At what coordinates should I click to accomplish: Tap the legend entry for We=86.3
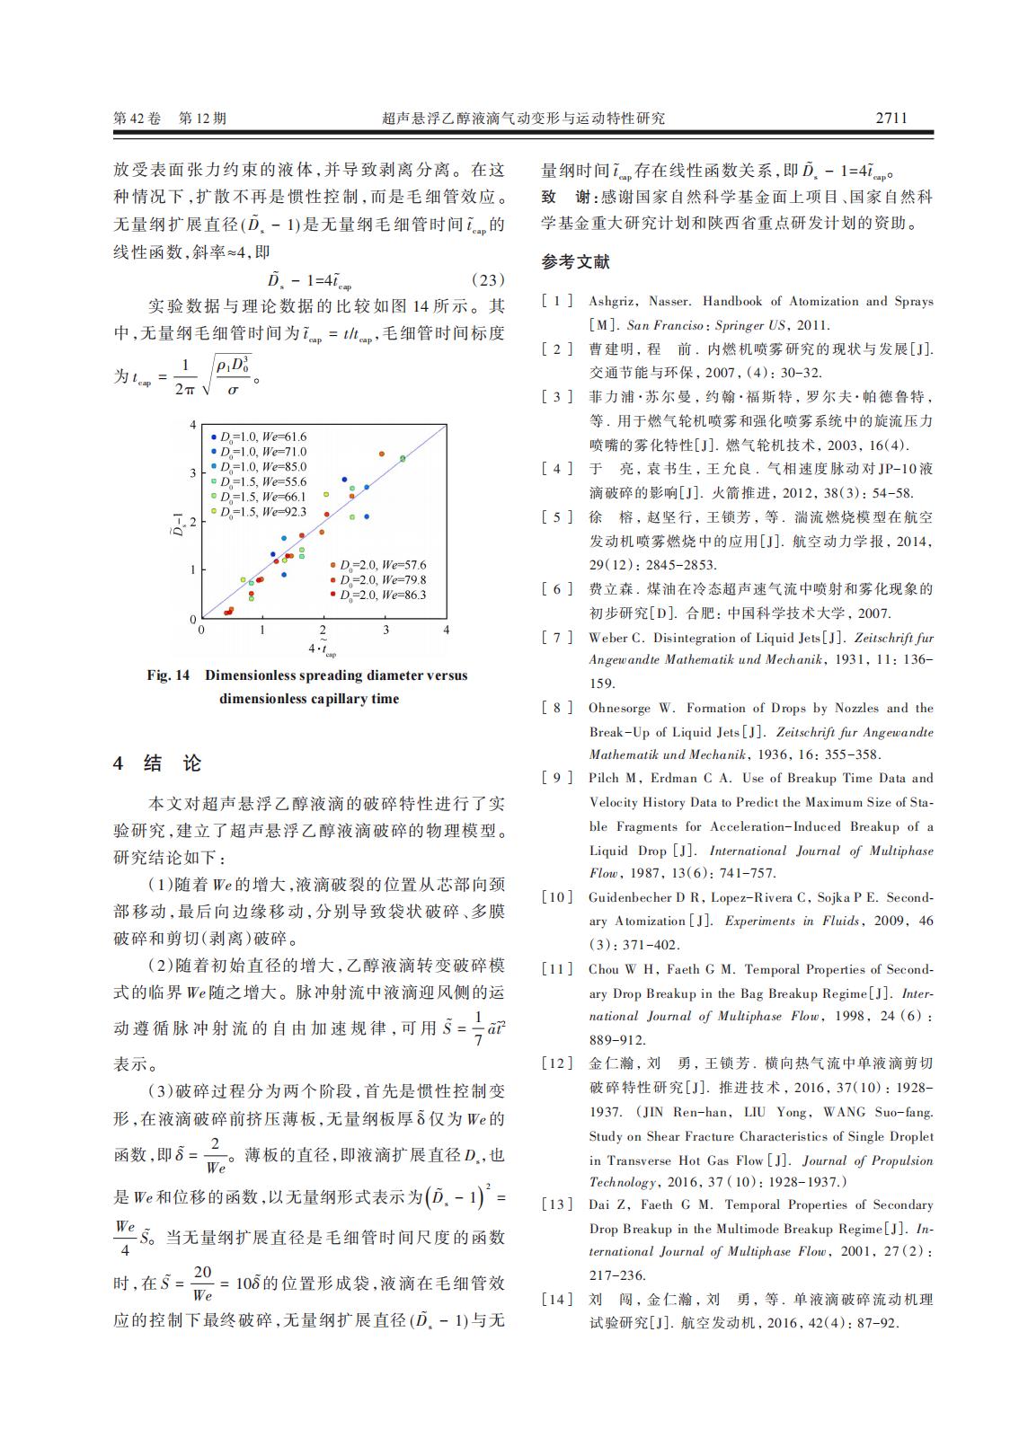pos(378,595)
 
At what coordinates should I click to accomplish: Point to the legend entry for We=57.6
pos(378,565)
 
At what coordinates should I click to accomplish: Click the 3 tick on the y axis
pos(192,472)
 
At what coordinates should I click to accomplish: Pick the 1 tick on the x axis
pos(262,631)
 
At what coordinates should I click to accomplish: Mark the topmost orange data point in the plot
pos(382,454)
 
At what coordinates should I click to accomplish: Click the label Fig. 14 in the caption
pos(168,675)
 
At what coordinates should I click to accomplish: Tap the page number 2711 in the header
pos(891,118)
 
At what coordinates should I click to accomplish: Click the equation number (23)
pos(488,279)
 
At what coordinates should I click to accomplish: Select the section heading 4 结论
pos(158,763)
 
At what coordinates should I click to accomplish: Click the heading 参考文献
pos(575,261)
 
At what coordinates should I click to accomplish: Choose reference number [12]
pos(556,1063)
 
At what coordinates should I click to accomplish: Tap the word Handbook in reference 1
pos(733,301)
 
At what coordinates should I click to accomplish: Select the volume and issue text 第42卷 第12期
pos(170,119)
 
